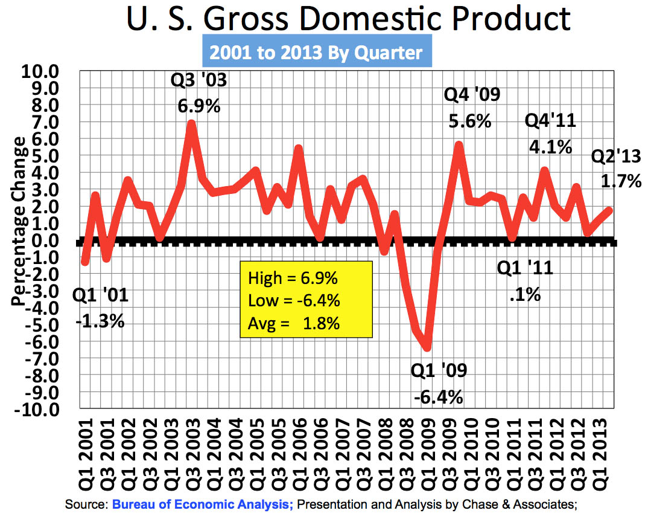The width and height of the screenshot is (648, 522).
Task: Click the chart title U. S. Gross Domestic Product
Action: click(x=348, y=19)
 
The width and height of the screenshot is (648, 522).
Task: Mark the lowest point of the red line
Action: click(x=428, y=347)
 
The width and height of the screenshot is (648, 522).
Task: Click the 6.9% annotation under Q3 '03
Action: click(x=199, y=107)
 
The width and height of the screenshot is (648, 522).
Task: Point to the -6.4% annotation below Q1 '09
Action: click(x=439, y=398)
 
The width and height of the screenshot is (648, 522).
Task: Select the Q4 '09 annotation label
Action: click(x=472, y=95)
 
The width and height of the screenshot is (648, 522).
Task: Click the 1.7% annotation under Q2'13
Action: click(x=621, y=181)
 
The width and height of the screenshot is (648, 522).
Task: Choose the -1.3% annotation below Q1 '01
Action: click(x=100, y=321)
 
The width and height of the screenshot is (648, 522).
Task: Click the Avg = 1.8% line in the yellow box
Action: click(x=294, y=323)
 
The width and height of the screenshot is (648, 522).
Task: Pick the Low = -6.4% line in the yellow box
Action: click(x=294, y=301)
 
